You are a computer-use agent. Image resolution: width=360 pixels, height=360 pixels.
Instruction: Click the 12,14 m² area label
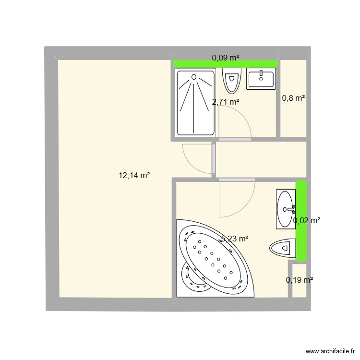pos(134,176)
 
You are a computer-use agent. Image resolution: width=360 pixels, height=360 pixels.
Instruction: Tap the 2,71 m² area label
pos(226,102)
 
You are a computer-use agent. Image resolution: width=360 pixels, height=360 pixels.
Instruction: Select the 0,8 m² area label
pos(293,98)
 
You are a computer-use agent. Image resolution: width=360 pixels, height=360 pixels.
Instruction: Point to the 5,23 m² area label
pos(235,238)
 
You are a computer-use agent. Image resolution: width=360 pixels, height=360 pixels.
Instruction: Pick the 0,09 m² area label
pos(226,58)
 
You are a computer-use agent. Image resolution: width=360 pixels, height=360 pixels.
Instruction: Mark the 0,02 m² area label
pos(307,220)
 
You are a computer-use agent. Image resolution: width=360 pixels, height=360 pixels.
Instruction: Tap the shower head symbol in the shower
pos(194,77)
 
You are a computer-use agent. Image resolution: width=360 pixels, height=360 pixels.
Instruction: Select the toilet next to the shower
pos(231,80)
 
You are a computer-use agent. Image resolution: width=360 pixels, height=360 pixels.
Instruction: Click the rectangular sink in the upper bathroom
pos(261,79)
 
